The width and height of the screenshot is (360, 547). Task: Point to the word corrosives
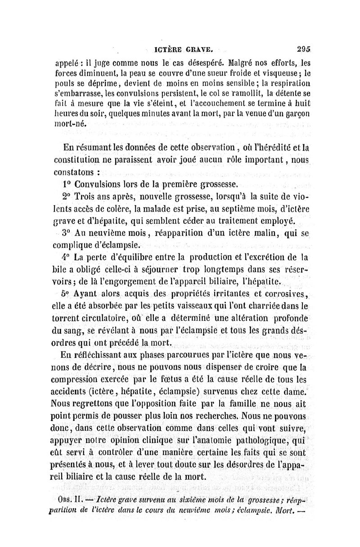pos(283,295)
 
